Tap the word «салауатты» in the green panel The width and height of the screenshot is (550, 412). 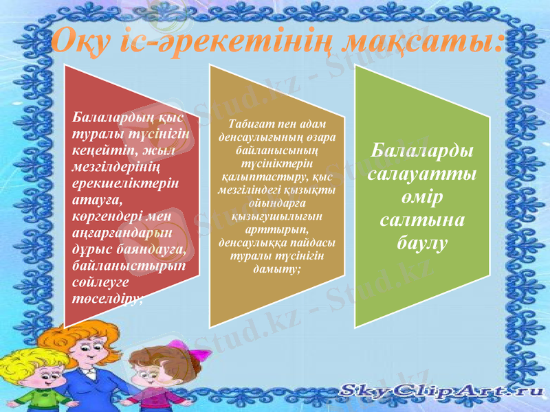pos(422,174)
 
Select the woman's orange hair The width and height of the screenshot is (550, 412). pos(96,336)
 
